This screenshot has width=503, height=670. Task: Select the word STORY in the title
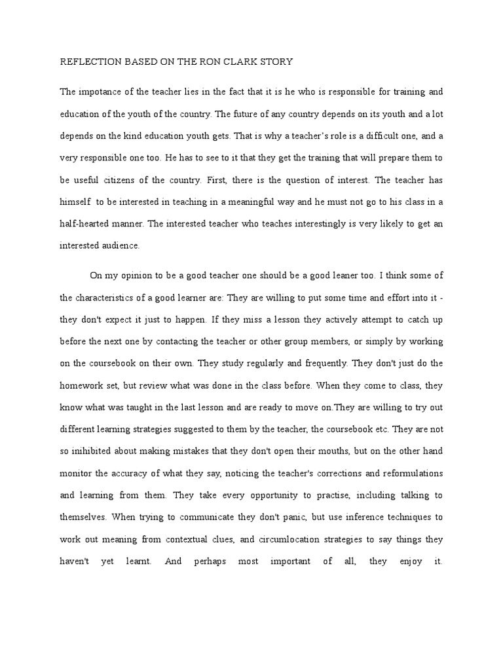[x=275, y=62]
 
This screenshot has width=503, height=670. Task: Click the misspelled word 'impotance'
[x=99, y=92]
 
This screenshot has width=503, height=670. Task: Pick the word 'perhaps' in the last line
[x=210, y=561]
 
